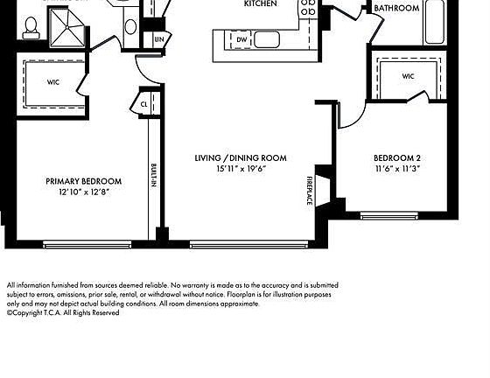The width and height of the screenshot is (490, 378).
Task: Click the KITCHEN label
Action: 260,4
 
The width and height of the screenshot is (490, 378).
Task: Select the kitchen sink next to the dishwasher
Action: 267,39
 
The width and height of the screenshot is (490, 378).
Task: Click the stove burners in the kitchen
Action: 308,9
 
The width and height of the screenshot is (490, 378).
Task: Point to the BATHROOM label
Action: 396,8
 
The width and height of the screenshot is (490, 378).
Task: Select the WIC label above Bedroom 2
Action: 408,76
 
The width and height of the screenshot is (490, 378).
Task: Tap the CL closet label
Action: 144,103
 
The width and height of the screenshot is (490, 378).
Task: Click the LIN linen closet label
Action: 158,39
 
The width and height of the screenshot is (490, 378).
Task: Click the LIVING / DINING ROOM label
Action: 241,158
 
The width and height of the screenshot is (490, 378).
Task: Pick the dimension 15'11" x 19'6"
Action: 241,169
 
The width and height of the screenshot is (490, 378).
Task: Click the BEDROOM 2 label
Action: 397,158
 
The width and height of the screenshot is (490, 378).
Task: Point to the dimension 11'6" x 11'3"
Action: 397,169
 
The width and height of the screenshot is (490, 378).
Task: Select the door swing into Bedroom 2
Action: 347,112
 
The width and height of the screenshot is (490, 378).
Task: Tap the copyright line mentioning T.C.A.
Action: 62,312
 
